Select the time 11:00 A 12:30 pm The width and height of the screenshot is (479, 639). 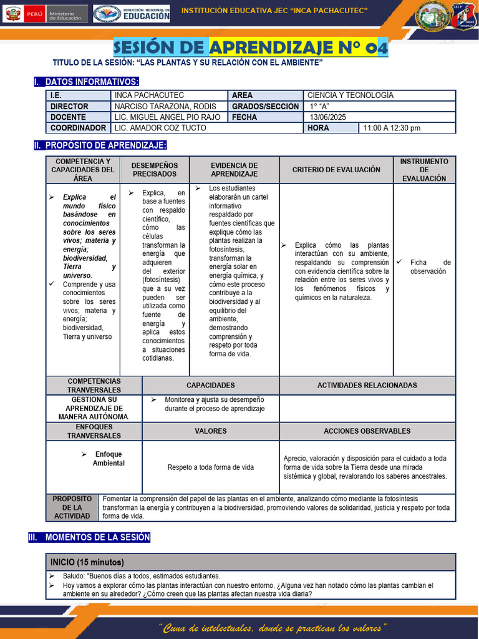[391, 128]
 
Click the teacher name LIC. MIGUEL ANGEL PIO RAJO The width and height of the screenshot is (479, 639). [167, 117]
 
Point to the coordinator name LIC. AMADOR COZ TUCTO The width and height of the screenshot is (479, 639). [160, 128]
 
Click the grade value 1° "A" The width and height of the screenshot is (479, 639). [319, 107]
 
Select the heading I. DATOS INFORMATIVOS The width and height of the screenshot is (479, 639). [87, 82]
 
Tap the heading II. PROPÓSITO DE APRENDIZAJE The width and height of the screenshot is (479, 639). [100, 145]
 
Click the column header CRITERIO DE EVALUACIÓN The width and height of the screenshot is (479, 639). [336, 170]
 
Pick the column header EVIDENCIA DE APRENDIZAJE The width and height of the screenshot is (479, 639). [234, 170]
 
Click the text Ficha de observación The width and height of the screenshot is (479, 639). [429, 267]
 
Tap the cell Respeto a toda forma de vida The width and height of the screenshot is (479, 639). [210, 467]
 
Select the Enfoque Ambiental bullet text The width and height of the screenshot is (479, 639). [108, 459]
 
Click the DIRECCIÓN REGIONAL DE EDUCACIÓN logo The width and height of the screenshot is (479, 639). [132, 14]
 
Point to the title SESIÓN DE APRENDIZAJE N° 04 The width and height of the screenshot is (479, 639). [251, 47]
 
